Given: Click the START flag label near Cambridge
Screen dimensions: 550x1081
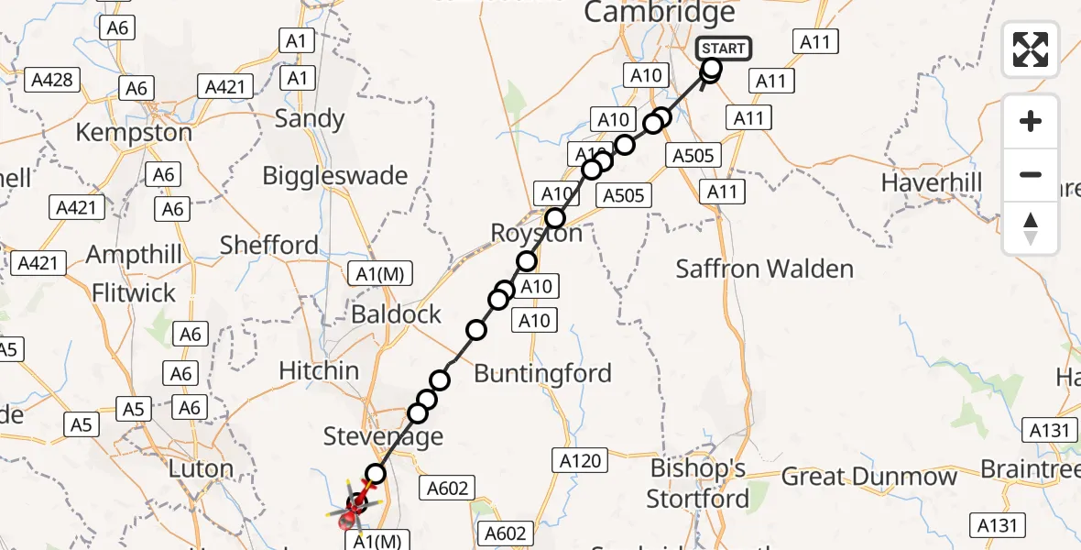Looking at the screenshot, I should coord(724,49).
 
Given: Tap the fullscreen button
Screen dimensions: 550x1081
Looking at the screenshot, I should coord(1031,49).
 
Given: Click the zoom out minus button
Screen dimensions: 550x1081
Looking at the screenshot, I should coord(1031,174).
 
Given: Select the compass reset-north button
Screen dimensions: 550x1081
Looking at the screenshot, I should coord(1031,228).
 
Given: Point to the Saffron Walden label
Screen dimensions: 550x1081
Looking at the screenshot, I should coord(764,269).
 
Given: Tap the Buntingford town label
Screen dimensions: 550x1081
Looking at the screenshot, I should coord(542,374).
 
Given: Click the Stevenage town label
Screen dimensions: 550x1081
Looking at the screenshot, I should coord(383,436).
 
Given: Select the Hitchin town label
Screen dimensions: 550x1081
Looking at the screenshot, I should coord(320,370).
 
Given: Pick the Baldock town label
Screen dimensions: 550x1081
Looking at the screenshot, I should coord(397,314).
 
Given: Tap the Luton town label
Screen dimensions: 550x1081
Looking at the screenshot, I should coord(201,468).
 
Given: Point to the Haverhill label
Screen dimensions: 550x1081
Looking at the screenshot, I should coord(931,182).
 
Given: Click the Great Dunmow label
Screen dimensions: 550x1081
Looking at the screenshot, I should coord(868,477).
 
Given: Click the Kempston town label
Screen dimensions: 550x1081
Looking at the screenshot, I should coord(134,132).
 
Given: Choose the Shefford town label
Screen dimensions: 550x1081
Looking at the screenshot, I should coord(269,245).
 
